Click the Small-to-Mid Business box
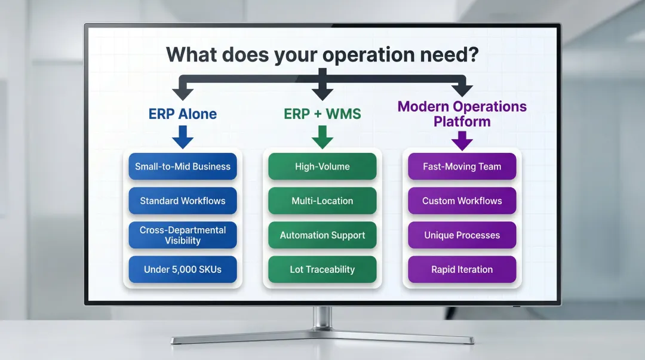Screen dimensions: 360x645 (183, 167)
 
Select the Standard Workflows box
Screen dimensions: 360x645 (183, 201)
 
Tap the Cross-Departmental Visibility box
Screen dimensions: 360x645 (183, 235)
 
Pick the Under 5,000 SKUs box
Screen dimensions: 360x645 (183, 269)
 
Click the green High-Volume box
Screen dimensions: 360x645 (322, 167)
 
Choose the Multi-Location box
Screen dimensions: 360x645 (322, 201)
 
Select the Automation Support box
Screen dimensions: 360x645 (322, 235)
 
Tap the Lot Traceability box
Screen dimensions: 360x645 (322, 269)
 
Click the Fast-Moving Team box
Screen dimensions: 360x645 (462, 167)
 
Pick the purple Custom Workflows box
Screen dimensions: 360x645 (462, 201)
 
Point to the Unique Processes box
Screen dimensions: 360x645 (462, 235)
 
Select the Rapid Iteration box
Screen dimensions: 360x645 (462, 269)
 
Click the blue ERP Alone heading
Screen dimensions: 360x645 (183, 113)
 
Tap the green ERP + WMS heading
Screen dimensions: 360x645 (322, 113)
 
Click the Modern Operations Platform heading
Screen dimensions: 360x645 (462, 114)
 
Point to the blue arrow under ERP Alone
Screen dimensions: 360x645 (183, 139)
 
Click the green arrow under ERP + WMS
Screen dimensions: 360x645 (322, 139)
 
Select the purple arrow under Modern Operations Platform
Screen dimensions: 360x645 (462, 141)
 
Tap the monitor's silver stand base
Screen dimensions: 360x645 (322, 339)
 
